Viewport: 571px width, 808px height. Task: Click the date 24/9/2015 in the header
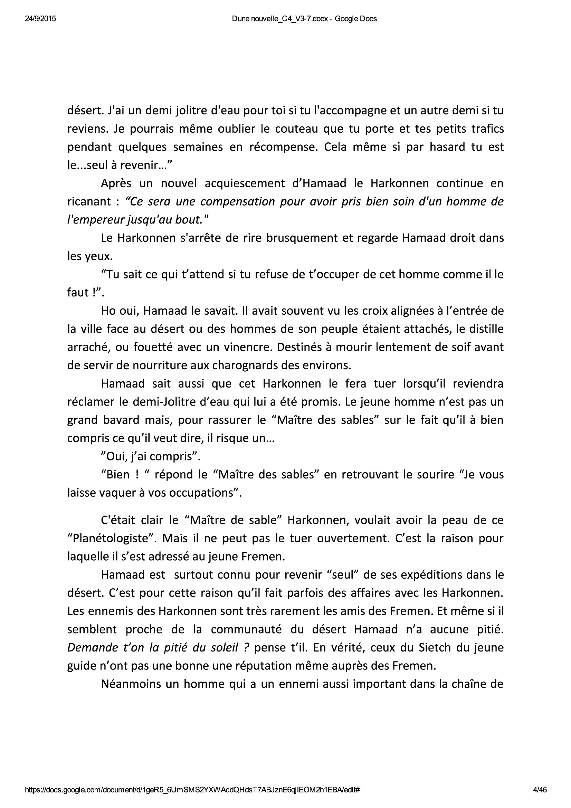pyautogui.click(x=40, y=19)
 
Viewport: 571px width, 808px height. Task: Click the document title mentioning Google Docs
pyautogui.click(x=304, y=19)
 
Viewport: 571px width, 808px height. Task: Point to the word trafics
pyautogui.click(x=487, y=129)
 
